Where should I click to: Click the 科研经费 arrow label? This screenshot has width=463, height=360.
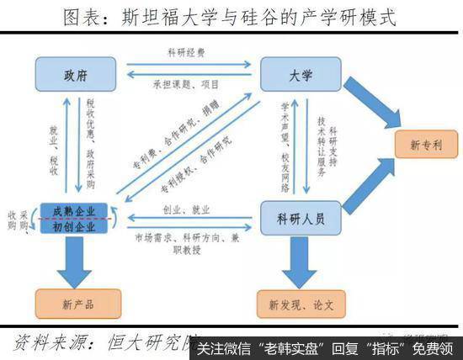(186, 53)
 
